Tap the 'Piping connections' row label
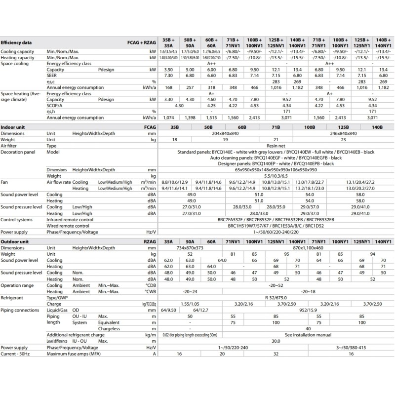pos(20,310)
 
